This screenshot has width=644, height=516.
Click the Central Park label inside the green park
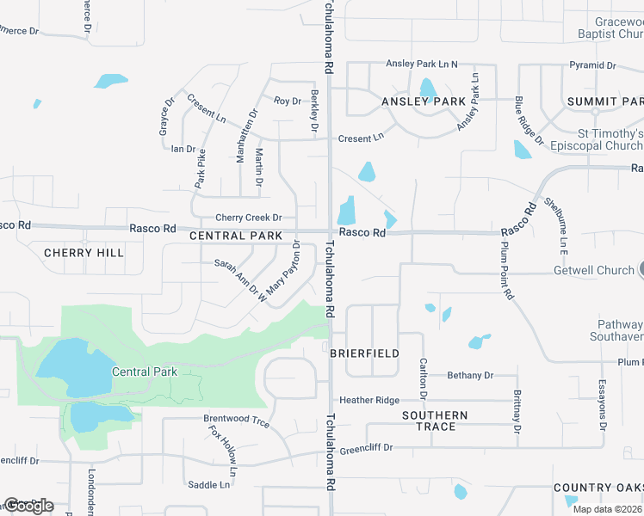pyautogui.click(x=144, y=372)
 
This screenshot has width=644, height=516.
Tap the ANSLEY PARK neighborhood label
pyautogui.click(x=424, y=101)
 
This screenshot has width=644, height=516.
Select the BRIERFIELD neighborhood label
pyautogui.click(x=364, y=353)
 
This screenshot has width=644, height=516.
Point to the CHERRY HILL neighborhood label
pyautogui.click(x=84, y=253)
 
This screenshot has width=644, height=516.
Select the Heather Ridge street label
pyautogui.click(x=369, y=400)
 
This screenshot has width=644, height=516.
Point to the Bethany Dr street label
pyautogui.click(x=470, y=375)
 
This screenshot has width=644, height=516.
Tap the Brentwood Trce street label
pyautogui.click(x=236, y=421)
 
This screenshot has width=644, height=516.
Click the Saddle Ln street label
pyautogui.click(x=209, y=485)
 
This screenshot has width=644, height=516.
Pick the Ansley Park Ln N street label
pyautogui.click(x=422, y=64)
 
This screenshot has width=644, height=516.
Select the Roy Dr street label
pyautogui.click(x=287, y=101)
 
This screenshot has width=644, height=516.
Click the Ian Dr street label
pyautogui.click(x=183, y=149)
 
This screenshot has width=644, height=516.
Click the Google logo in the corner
pyautogui.click(x=28, y=505)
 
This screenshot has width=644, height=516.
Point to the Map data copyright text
pyautogui.click(x=607, y=508)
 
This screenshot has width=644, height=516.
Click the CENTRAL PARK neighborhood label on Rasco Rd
pyautogui.click(x=235, y=236)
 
